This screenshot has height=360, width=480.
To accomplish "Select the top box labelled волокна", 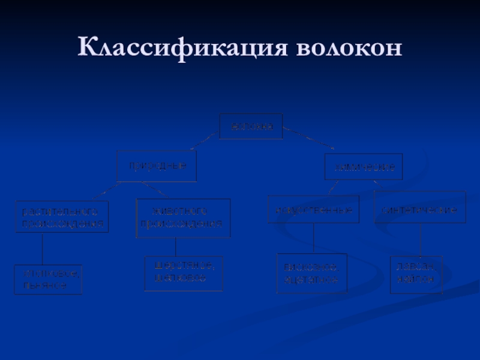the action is tap(250, 127).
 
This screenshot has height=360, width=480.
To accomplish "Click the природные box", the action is tap(157, 164).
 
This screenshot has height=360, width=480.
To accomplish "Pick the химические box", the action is tap(364, 167).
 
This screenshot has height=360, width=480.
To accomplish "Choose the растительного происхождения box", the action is tap(62, 217).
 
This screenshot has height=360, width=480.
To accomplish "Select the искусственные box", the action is tap(313, 210).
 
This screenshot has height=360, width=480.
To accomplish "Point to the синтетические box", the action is tap(419, 210).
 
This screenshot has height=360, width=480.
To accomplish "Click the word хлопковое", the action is tap(50, 273).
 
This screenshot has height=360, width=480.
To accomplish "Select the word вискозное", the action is tap(311, 266).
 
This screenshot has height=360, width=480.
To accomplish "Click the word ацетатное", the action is tap(311, 279).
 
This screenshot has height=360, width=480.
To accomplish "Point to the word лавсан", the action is tap(415, 266).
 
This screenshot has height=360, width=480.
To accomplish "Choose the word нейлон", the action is tap(415, 279).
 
